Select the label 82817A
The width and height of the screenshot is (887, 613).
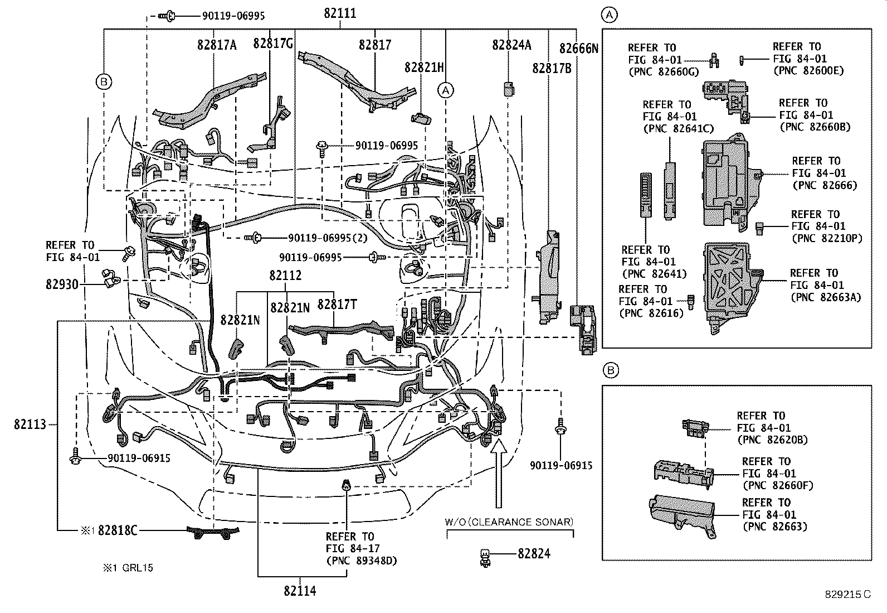(x=216, y=45)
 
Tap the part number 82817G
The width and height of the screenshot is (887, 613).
(x=273, y=44)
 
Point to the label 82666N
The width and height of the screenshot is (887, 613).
(x=579, y=49)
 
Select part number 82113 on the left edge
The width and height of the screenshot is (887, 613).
(x=30, y=424)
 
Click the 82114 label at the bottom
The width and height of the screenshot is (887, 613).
(x=300, y=591)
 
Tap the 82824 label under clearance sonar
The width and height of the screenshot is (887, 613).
(x=534, y=554)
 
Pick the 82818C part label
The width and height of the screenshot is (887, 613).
(x=118, y=530)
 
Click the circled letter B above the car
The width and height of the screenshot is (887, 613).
(x=104, y=82)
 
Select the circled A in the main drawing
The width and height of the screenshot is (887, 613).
(x=445, y=89)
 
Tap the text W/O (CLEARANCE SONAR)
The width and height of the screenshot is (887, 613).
(x=509, y=522)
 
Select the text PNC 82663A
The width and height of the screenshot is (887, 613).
(x=826, y=297)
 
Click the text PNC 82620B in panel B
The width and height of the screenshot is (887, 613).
(x=772, y=440)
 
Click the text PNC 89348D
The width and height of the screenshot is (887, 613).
(x=361, y=561)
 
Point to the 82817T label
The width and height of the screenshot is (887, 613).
(x=337, y=305)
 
